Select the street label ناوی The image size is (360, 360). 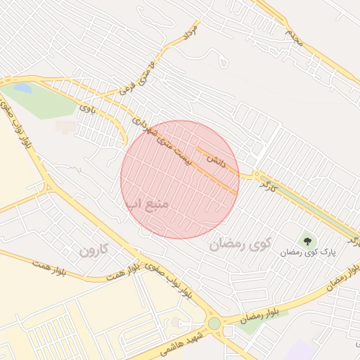click(88, 109)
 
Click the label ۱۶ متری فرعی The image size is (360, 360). click(136, 79)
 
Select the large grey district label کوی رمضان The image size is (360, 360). click(239, 245)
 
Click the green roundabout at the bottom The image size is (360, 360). click(214, 323)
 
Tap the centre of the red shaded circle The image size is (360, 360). click(180, 179)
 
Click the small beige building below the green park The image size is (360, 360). click(65, 127)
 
